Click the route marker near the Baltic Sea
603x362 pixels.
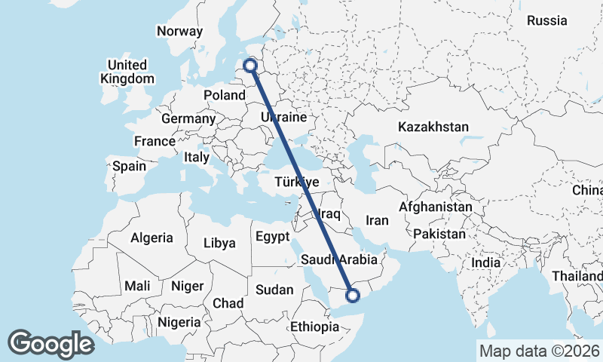[252, 67]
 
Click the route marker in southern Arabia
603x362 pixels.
[351, 293]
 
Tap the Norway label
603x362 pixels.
[179, 31]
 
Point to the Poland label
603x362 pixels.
[225, 96]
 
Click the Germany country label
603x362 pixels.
[188, 118]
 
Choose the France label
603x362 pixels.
[155, 141]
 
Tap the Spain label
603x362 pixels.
[129, 165]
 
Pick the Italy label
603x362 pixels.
[197, 158]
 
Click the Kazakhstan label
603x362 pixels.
[433, 127]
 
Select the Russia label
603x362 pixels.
[546, 21]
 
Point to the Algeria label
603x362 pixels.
[152, 238]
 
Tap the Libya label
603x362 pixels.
[219, 243]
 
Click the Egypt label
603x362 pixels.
[272, 236]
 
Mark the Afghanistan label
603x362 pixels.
[436, 207]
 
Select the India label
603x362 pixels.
[486, 263]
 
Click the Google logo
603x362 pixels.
[51, 344]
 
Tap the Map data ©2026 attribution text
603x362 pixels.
[539, 351]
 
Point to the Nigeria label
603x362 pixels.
[179, 322]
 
